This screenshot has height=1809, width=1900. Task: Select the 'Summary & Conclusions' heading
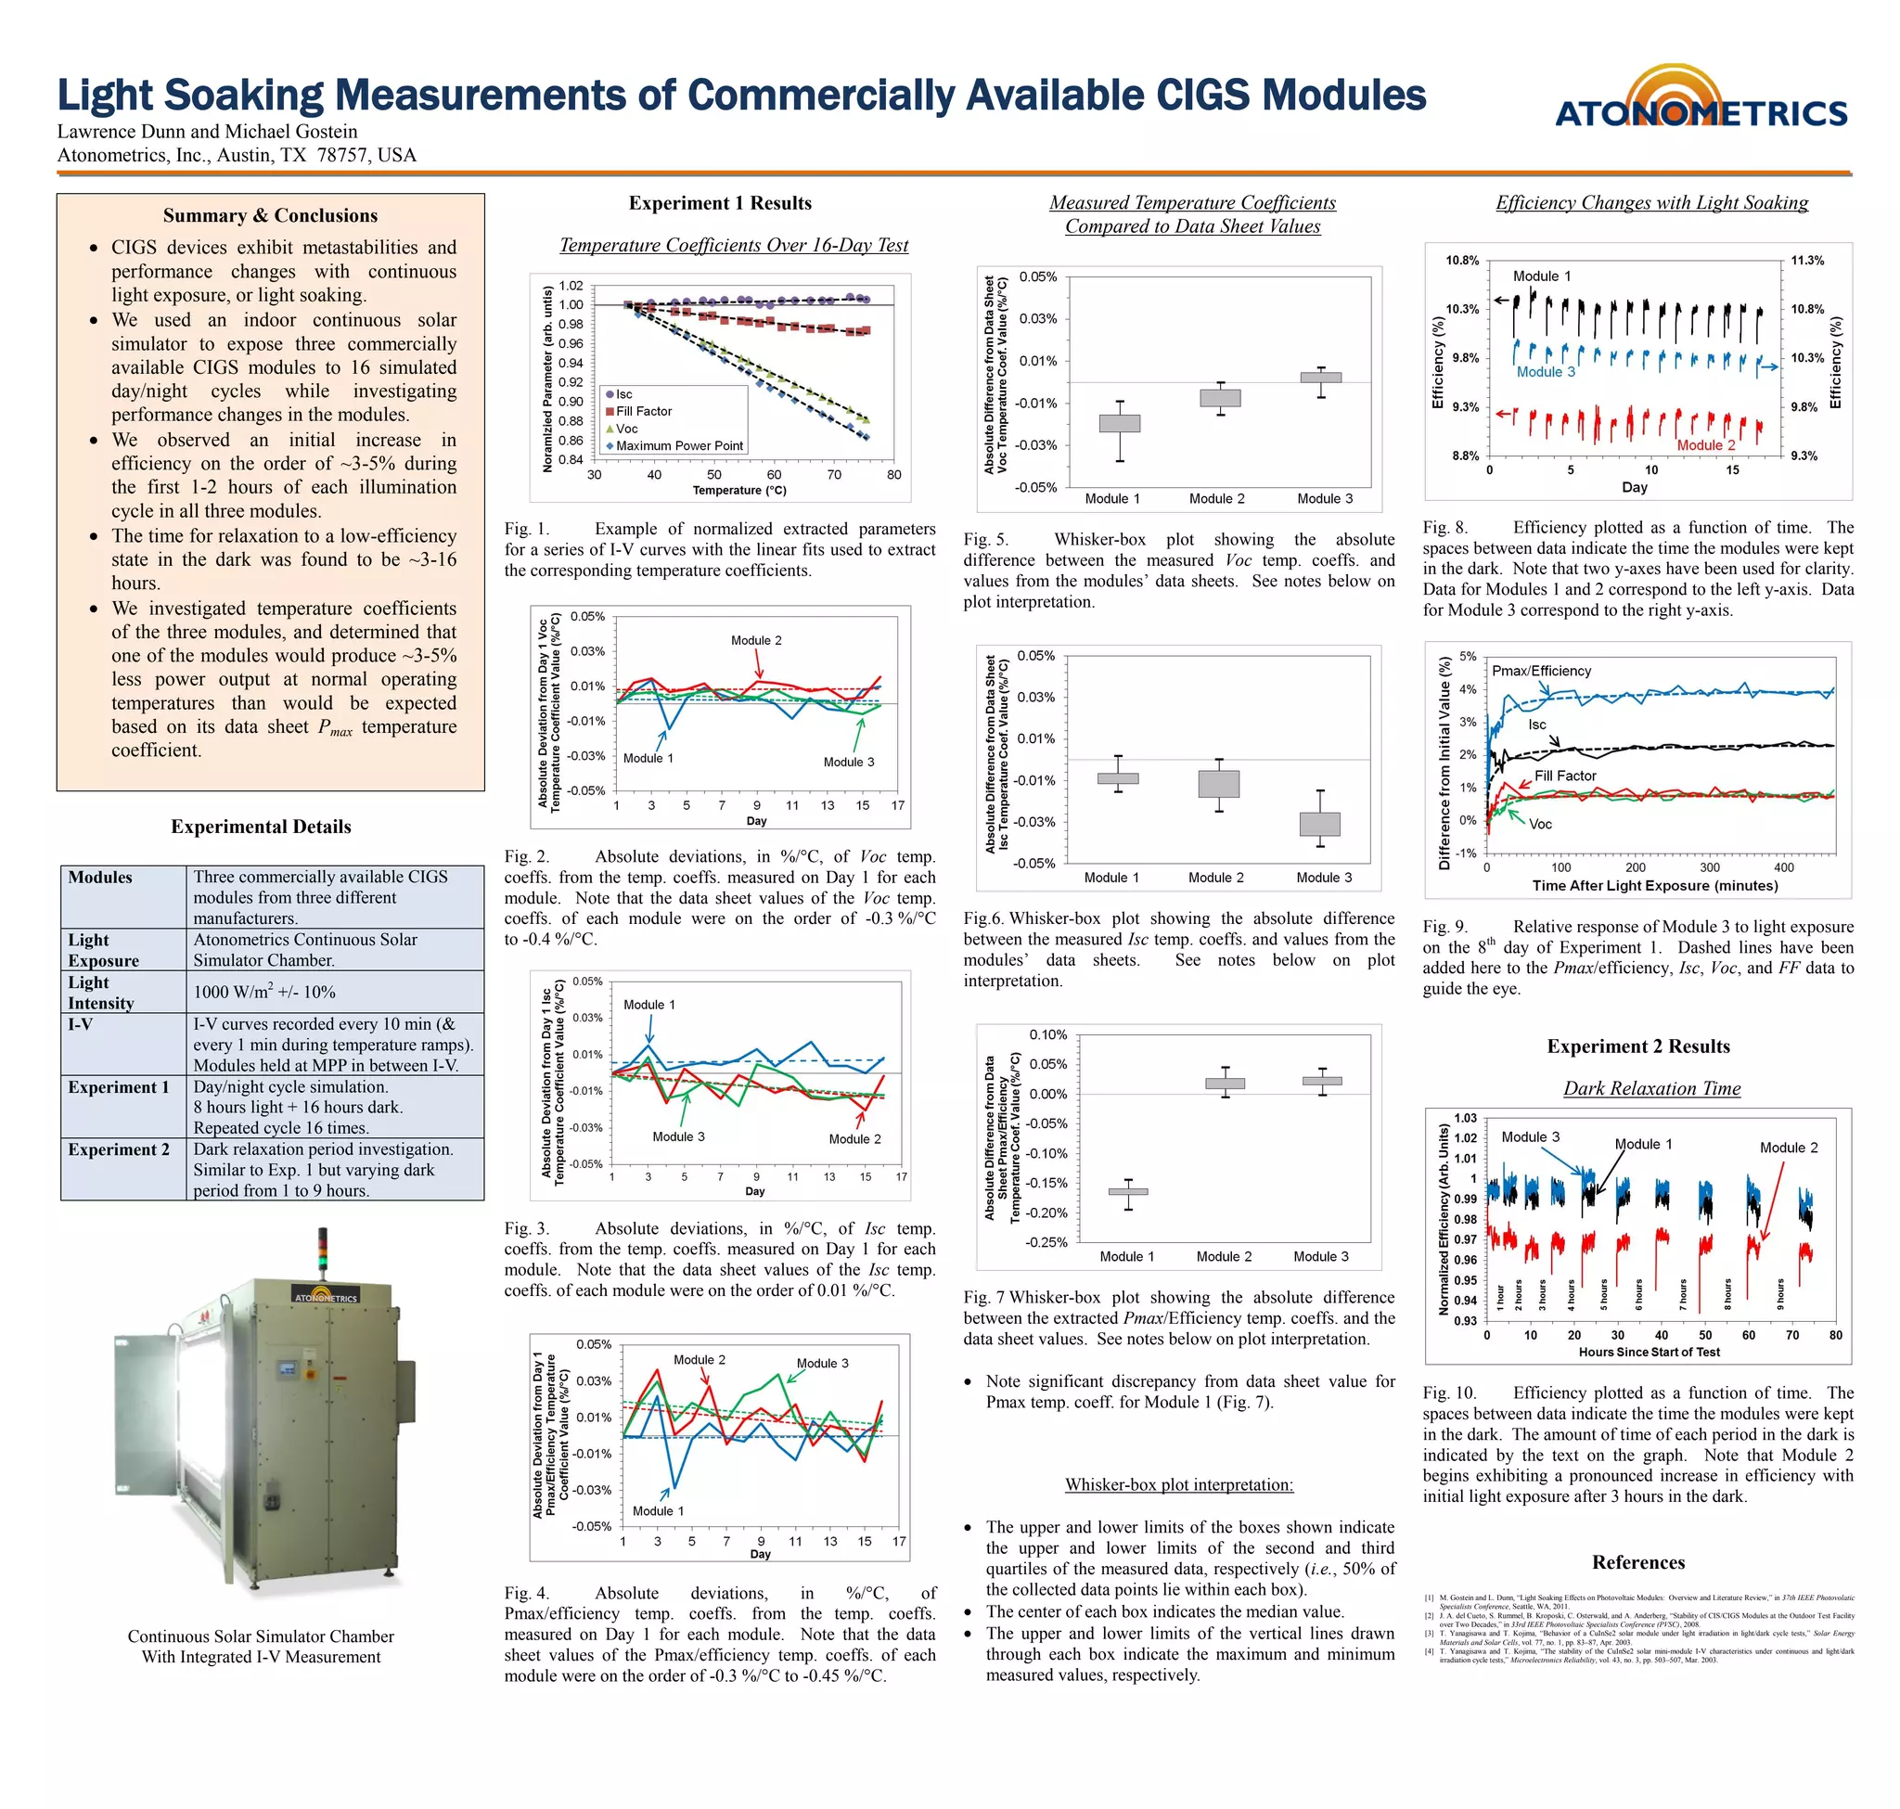270,215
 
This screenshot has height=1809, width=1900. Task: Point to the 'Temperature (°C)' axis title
738,491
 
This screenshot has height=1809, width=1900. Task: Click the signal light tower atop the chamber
322,1251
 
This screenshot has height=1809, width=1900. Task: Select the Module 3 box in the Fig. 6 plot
1319,825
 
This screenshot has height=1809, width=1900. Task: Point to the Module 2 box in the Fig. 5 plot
1220,398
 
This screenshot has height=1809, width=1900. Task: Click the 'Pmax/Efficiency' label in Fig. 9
1541,671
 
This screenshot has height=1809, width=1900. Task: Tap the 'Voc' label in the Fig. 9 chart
1540,825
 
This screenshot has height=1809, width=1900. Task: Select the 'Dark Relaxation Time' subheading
1651,1089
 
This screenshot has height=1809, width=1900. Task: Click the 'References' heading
1637,1563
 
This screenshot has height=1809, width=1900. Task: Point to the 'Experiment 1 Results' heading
720,203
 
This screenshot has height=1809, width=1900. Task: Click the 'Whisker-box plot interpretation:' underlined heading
1178,1485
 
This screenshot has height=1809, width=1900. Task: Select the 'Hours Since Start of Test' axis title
1649,1352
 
